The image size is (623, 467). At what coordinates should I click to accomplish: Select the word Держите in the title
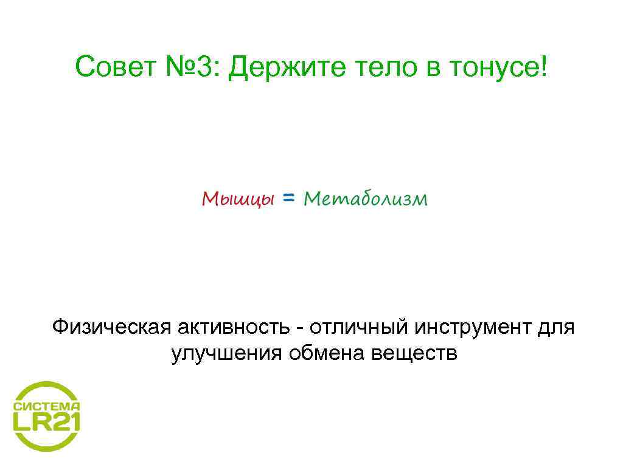280,69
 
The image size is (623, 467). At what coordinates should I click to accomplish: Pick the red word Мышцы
238,199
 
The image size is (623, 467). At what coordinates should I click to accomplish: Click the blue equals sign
290,198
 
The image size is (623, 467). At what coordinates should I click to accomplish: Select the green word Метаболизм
366,198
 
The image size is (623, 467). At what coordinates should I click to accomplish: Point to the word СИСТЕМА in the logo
47,406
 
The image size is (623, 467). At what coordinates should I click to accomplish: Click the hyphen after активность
300,329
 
